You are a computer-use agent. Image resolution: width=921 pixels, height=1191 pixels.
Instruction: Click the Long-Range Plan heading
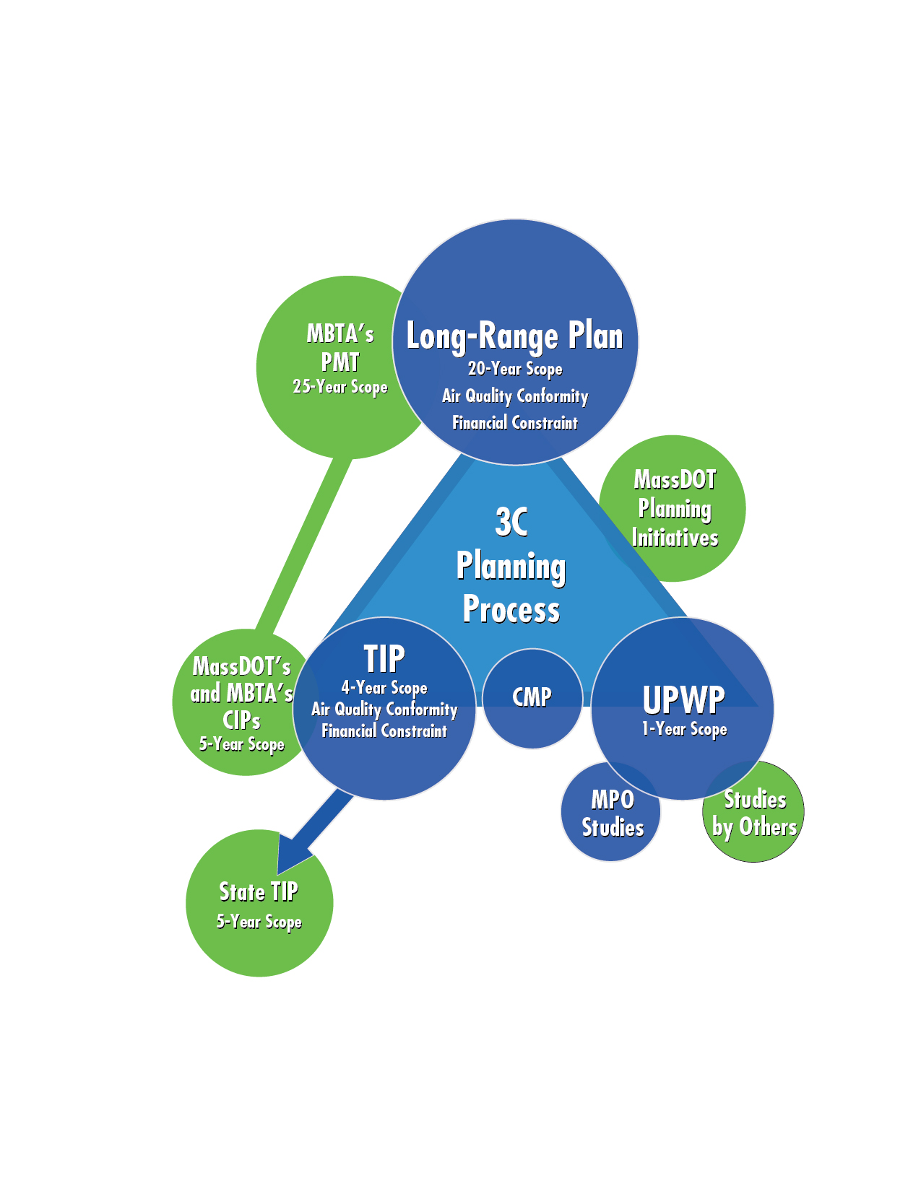pos(514,336)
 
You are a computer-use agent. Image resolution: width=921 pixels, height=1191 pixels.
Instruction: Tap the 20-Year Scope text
pos(514,369)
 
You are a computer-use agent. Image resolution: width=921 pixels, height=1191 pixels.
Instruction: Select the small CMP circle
pos(532,697)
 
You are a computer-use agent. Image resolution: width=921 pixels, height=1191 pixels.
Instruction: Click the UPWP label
pos(683,699)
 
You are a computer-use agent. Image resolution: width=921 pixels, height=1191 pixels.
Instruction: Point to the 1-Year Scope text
pos(684,729)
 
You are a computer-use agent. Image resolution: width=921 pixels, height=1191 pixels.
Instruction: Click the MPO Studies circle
pos(612,813)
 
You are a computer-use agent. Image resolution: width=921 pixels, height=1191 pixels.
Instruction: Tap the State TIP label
pos(259,892)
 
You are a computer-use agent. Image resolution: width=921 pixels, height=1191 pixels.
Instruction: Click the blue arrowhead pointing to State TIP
pos(293,855)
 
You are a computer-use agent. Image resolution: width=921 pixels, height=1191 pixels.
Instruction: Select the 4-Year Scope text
pos(384,688)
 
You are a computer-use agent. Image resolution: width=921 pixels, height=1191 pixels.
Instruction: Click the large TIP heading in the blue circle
pos(384,659)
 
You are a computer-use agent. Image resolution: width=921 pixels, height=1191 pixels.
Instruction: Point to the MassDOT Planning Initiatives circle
pos(674,509)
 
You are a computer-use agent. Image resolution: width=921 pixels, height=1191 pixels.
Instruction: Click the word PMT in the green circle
pos(340,362)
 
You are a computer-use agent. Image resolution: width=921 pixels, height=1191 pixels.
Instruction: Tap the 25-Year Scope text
pos(340,387)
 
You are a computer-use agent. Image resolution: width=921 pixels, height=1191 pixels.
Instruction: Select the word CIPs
pos(241,720)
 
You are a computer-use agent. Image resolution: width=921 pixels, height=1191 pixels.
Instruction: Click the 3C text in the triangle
pos(511,522)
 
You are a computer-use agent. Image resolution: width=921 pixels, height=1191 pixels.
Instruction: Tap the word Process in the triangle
pos(511,610)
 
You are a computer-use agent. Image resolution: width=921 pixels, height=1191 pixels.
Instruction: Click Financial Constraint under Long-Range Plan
pos(514,423)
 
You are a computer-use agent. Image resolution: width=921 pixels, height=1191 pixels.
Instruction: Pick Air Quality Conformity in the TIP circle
pos(384,710)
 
